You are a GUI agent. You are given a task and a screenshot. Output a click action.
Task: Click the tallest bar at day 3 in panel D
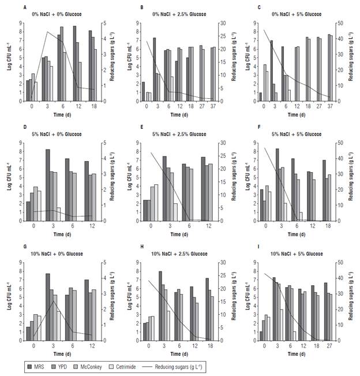[48, 185]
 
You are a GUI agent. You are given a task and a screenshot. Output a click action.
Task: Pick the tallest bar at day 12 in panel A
[74, 63]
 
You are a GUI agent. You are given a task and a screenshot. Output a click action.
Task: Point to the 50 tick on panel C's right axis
[339, 24]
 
